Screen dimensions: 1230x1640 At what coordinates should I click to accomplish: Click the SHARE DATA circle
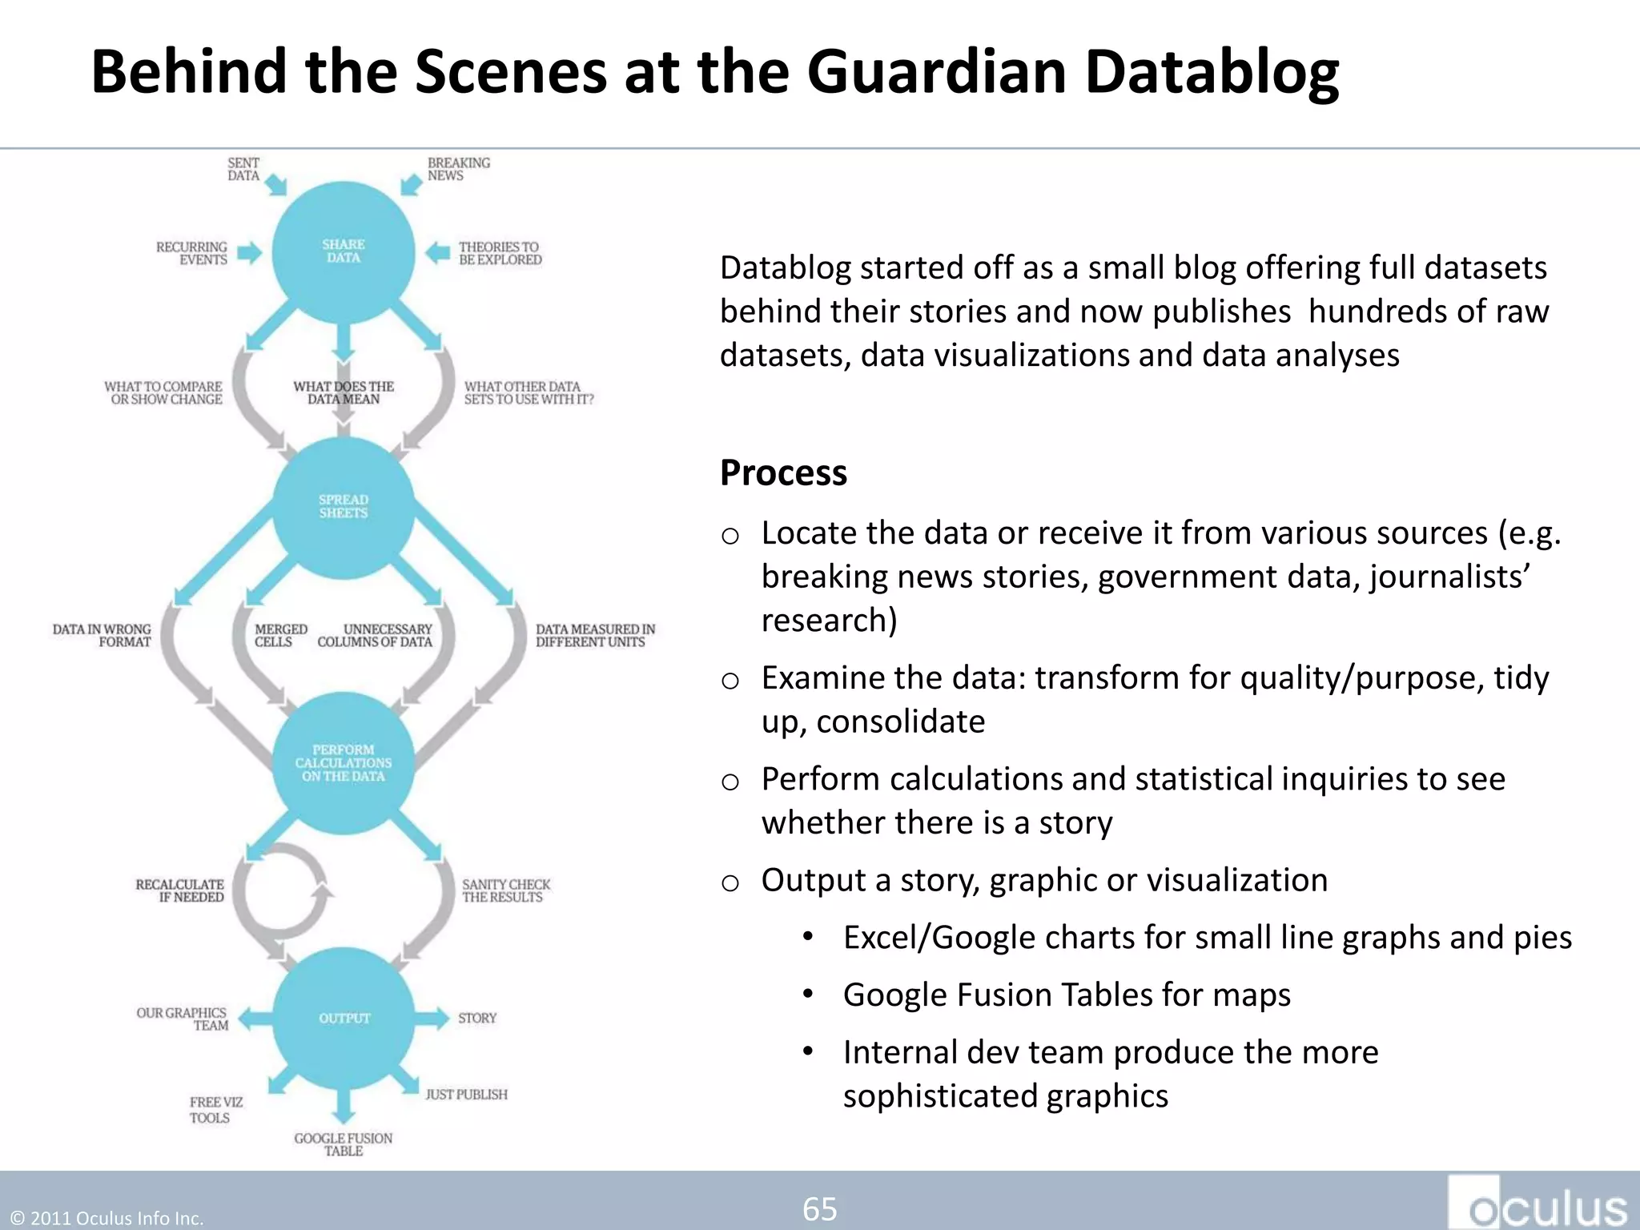pyautogui.click(x=344, y=251)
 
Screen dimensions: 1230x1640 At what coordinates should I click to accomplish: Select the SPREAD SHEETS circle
pyautogui.click(x=344, y=506)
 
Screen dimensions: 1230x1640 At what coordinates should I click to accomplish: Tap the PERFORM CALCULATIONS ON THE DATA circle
pyautogui.click(x=344, y=762)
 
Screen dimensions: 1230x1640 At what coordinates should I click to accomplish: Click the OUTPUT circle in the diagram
pyautogui.click(x=344, y=1018)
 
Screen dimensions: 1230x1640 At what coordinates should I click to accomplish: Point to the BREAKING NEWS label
pyautogui.click(x=458, y=169)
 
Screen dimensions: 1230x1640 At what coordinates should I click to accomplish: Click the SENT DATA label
pyautogui.click(x=243, y=169)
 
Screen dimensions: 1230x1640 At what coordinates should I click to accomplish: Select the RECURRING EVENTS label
pyautogui.click(x=192, y=253)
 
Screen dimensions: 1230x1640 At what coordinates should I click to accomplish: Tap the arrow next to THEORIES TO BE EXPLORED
pyautogui.click(x=437, y=253)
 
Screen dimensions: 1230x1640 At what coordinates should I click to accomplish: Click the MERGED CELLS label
pyautogui.click(x=280, y=635)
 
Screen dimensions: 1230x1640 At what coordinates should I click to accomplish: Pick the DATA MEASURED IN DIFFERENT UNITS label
pyautogui.click(x=595, y=635)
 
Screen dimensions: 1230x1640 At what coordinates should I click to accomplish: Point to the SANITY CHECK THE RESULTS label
pyautogui.click(x=506, y=890)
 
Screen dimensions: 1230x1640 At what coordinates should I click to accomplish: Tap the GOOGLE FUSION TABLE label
pyautogui.click(x=344, y=1144)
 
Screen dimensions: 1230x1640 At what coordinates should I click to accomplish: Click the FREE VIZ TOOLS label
pyautogui.click(x=215, y=1110)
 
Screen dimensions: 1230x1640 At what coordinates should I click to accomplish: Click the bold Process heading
pyautogui.click(x=782, y=472)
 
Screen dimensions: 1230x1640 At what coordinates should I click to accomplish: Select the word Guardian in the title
pyautogui.click(x=936, y=72)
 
